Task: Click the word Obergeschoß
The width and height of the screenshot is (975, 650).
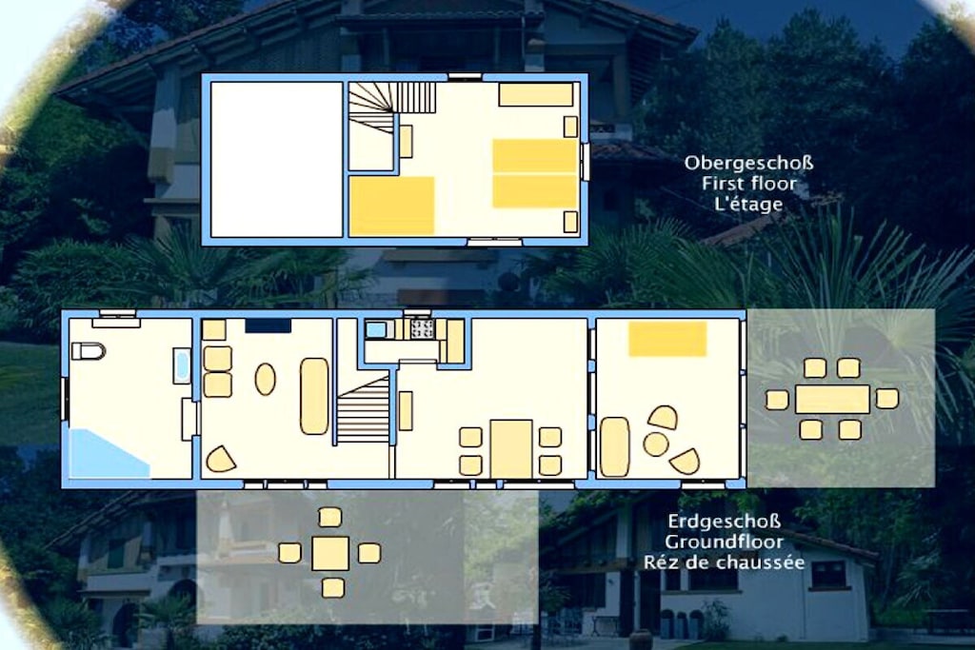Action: pos(748,164)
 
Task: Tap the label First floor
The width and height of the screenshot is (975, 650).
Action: pos(749,184)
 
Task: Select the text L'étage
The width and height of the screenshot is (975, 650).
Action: pos(748,204)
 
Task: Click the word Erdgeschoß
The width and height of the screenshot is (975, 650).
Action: pos(725,521)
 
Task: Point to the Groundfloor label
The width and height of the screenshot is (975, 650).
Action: pos(724,542)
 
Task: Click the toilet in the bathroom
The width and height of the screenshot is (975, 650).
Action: pos(89,351)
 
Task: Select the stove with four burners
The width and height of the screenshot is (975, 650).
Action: pos(422,328)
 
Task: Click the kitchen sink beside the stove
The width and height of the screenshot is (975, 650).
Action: pos(375,329)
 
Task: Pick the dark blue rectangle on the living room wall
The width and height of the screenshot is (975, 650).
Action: pos(268,325)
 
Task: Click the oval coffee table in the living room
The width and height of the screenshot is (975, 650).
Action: pos(266,379)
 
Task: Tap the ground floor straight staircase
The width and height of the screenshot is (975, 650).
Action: pos(363,411)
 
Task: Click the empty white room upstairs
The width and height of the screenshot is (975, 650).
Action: pos(277,159)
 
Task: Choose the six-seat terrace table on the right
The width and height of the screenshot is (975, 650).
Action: pos(832,399)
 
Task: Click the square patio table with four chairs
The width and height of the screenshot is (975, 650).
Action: pos(330,553)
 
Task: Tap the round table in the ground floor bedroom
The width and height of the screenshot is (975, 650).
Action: pos(656,444)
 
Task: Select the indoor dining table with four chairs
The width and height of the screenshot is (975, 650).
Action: pos(511,449)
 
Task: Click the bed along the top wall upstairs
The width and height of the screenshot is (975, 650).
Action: pos(535,95)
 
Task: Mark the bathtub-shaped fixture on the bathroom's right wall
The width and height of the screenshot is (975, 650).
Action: pos(182,366)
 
